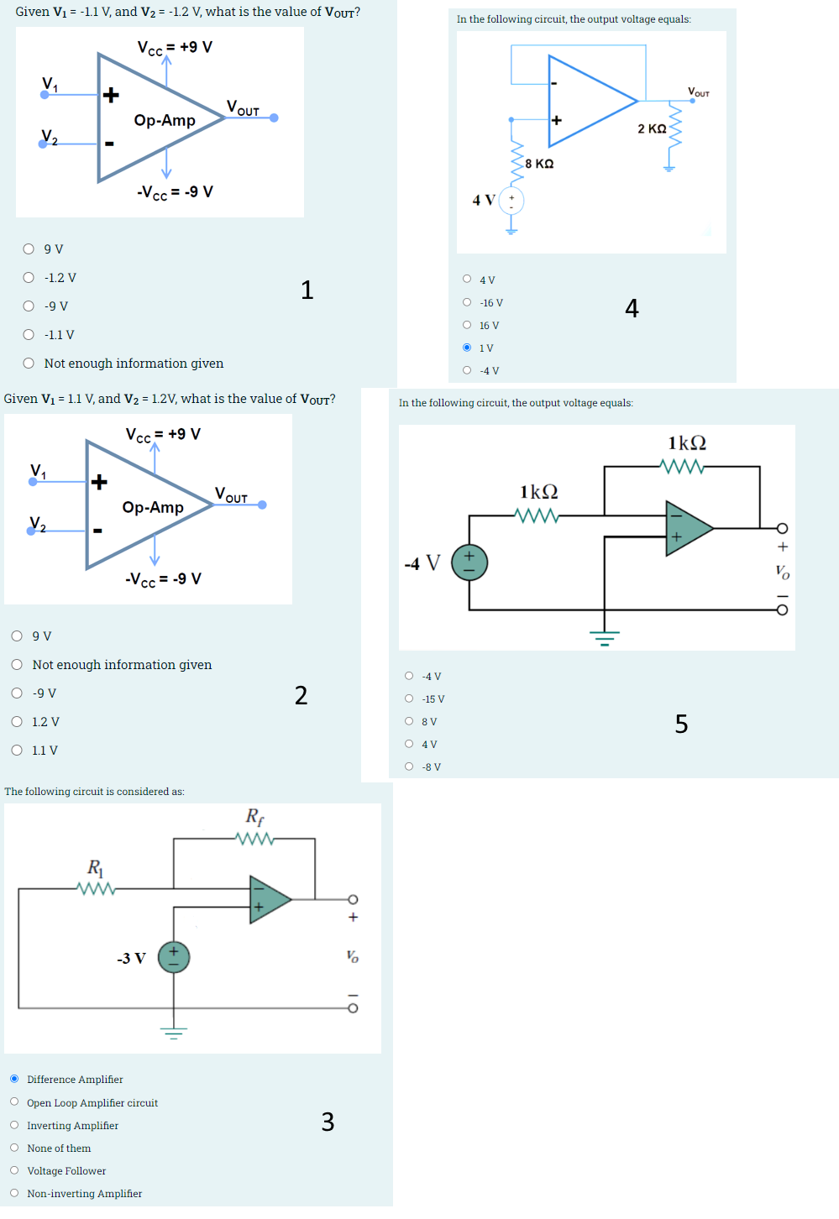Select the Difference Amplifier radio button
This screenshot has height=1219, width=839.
tap(14, 1079)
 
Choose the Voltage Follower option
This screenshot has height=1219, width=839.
tap(14, 1170)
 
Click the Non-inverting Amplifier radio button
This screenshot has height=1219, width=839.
tap(14, 1193)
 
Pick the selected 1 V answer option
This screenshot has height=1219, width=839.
tap(467, 348)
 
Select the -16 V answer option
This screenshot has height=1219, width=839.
tap(467, 302)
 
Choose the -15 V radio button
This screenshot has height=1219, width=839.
tap(409, 698)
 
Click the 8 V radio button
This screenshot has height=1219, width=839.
tap(409, 721)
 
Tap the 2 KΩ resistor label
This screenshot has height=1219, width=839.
tap(652, 128)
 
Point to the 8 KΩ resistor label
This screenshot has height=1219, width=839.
tap(539, 164)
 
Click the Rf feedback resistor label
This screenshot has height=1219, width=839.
tap(254, 816)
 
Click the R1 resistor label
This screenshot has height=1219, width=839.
tap(95, 866)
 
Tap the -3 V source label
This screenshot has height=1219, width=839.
tap(131, 958)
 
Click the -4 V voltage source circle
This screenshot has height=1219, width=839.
tap(469, 562)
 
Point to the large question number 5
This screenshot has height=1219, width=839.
tap(681, 724)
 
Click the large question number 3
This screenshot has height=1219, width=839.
tap(328, 1122)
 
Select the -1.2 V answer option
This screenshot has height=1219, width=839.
tap(29, 278)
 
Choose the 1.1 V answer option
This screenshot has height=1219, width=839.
tap(17, 750)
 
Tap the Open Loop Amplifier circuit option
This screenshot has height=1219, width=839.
tap(14, 1101)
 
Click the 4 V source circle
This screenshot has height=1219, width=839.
tap(511, 201)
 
